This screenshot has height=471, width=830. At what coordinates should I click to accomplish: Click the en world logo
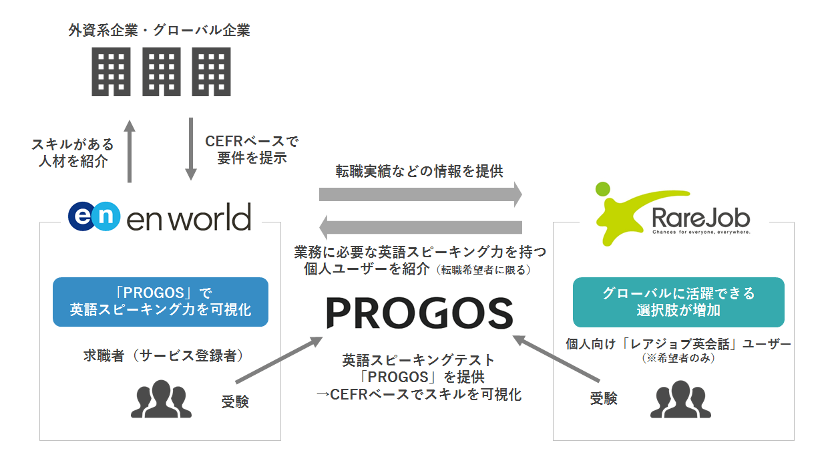[x=160, y=217]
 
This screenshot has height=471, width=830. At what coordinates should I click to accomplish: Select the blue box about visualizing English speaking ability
[x=160, y=302]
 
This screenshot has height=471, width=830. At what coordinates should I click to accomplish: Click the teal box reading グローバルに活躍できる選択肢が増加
[x=678, y=302]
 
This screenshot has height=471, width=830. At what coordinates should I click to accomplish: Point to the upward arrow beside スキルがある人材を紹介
[x=130, y=152]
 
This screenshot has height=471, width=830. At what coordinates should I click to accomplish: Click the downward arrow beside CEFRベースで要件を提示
[x=191, y=149]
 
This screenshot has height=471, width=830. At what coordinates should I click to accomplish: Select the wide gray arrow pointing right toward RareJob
[x=420, y=194]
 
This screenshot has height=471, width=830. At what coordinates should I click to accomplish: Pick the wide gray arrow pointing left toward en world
[x=420, y=228]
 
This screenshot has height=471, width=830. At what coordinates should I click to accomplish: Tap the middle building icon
[x=160, y=72]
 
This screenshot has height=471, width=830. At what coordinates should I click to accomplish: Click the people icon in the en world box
[x=160, y=399]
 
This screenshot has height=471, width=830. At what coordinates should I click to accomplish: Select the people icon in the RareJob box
[x=680, y=400]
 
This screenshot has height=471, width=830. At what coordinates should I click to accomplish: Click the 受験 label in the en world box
[x=234, y=402]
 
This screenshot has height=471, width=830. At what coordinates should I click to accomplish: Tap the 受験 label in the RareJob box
[x=604, y=399]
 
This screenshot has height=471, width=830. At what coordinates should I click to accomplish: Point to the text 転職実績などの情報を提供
[x=419, y=172]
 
